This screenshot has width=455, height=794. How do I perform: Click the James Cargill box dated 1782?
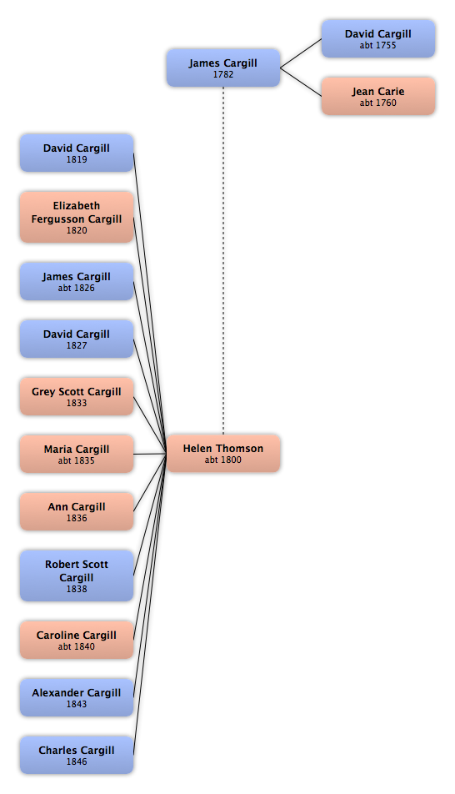(x=223, y=68)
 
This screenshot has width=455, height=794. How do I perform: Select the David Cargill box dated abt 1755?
(x=378, y=39)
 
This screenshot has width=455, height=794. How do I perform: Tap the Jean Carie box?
(x=378, y=96)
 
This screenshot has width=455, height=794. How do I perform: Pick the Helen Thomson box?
(x=223, y=453)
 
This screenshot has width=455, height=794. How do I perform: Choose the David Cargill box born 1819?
(x=77, y=153)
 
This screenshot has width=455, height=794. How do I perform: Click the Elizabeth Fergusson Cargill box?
(x=77, y=217)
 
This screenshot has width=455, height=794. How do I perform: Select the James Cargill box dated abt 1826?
(x=77, y=282)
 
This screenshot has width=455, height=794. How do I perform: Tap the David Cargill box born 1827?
(x=77, y=339)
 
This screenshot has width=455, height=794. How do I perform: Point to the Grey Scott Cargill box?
(x=77, y=396)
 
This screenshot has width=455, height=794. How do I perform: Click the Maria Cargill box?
(x=77, y=454)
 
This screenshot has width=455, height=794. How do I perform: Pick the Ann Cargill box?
(x=77, y=511)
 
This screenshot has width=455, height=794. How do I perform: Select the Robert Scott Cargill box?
(x=77, y=575)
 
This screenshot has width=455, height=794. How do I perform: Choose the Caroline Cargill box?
(x=77, y=640)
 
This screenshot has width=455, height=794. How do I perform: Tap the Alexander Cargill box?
(x=77, y=697)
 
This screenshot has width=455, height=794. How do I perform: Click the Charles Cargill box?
(x=77, y=755)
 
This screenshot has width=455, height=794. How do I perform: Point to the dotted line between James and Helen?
(x=223, y=260)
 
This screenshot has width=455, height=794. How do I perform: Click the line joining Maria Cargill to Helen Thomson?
(x=150, y=454)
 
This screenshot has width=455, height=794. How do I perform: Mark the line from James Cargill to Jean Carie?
(x=301, y=82)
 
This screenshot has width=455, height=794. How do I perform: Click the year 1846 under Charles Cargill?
(x=77, y=761)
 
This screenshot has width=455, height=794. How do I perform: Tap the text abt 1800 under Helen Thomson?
(x=223, y=460)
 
